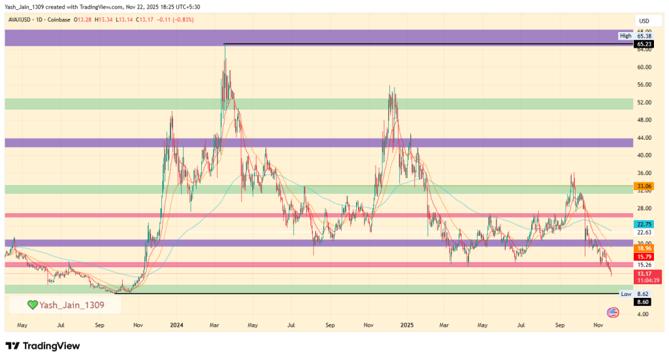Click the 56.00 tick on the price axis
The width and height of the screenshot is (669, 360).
(x=644, y=84)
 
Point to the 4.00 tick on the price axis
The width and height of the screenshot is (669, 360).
(x=644, y=314)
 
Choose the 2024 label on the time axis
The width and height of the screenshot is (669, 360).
(x=176, y=325)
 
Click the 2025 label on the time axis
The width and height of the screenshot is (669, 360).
(x=406, y=325)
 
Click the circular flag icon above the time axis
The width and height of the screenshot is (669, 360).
(x=613, y=313)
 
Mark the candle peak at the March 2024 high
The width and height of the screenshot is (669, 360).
(x=225, y=44)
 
